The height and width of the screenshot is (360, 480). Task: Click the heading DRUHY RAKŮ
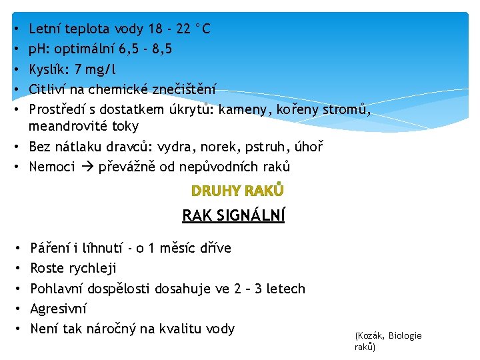(237, 191)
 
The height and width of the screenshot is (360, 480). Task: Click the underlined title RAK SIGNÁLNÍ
(233, 215)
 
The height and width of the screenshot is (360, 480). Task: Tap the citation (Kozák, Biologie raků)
(388, 341)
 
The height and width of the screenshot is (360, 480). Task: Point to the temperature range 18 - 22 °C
(174, 29)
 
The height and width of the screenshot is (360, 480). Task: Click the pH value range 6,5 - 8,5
(142, 49)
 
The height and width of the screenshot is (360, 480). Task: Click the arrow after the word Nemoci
(87, 167)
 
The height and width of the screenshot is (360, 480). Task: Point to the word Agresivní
(59, 309)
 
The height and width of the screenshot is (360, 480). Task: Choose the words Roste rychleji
(73, 268)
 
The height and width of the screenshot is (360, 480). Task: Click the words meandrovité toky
(84, 126)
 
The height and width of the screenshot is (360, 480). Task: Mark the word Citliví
(48, 89)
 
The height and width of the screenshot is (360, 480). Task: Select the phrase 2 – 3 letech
(269, 289)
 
